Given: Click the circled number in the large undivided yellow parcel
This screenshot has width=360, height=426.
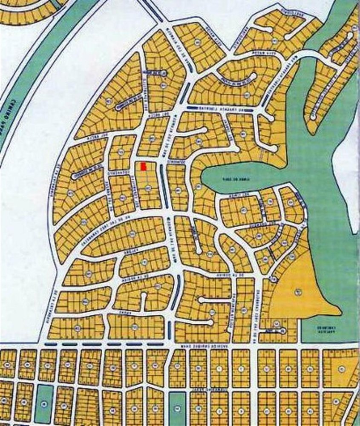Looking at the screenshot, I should pyautogui.click(x=298, y=291).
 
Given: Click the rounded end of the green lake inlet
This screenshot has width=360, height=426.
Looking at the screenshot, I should pyautogui.click(x=204, y=178).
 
